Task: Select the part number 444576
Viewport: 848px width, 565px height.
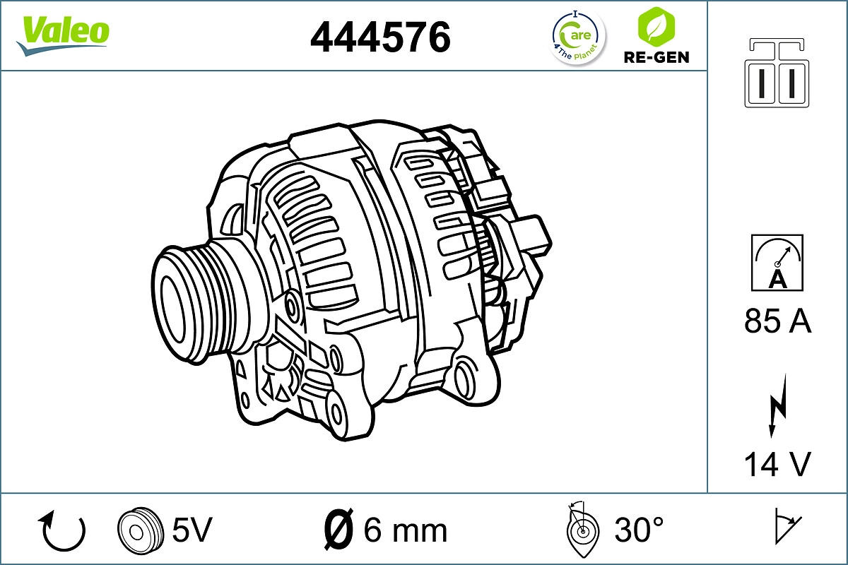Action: coord(380,37)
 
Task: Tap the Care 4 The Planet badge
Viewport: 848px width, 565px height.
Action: coord(578,37)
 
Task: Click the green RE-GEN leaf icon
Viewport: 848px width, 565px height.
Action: coord(655,26)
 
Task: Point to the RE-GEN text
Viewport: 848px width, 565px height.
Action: coord(655,57)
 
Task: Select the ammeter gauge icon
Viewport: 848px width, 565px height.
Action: coord(777,263)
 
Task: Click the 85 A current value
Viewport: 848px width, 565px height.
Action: coord(777,322)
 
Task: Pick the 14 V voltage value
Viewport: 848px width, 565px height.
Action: coord(777,465)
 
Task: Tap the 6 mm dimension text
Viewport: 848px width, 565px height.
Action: coord(405,530)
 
